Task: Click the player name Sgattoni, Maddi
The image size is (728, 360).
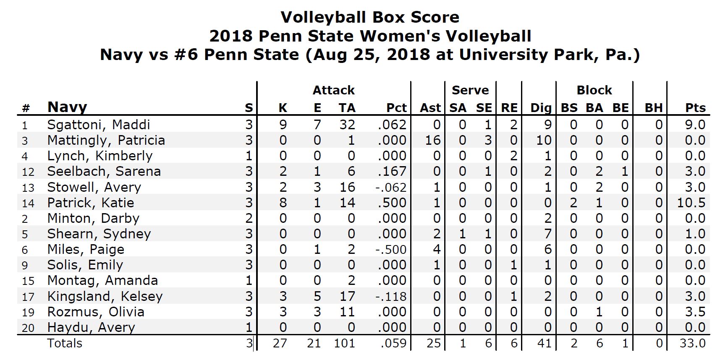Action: [98, 125]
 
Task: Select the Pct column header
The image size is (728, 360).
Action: [396, 108]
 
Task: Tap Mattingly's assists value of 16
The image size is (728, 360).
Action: [432, 140]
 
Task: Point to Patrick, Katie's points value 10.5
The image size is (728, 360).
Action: [691, 203]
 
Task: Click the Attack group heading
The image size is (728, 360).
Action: [333, 90]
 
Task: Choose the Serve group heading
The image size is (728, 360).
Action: [470, 90]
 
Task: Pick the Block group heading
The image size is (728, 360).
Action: [594, 90]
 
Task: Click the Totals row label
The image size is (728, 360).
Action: [65, 343]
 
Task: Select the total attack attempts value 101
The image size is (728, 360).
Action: [344, 343]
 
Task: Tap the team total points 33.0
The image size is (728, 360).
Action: [692, 343]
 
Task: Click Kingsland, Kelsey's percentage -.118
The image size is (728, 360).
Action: [391, 296]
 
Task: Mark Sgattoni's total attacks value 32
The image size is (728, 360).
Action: [347, 125]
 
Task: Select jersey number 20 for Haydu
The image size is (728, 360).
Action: [28, 328]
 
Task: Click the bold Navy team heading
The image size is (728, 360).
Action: [67, 107]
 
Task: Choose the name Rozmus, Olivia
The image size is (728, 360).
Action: [96, 312]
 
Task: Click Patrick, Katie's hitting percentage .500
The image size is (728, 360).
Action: [392, 203]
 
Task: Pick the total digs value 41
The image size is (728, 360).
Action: [544, 343]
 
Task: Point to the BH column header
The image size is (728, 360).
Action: [653, 108]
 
